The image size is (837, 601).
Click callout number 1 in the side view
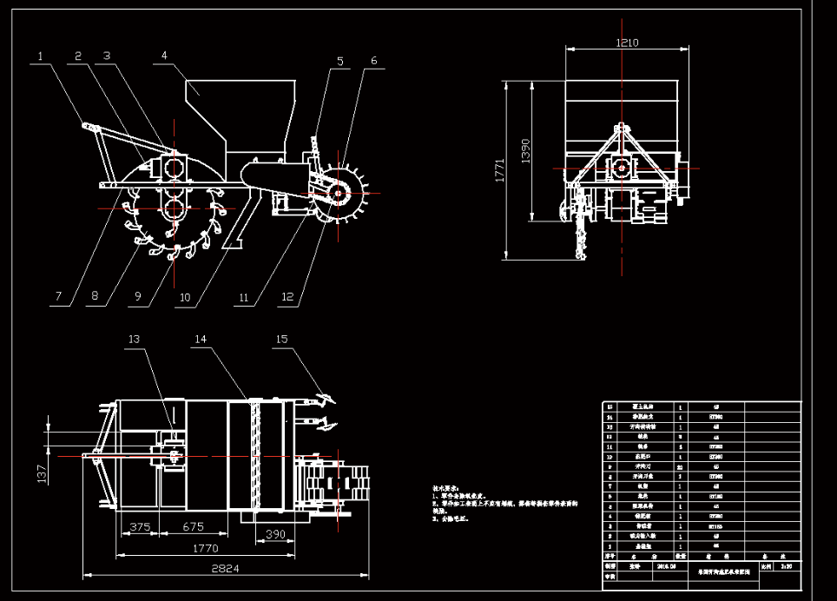(40, 56)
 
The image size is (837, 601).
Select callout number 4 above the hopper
(163, 56)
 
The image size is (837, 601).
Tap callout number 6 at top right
(373, 61)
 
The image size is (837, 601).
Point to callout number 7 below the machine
(58, 296)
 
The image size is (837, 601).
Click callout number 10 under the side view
(185, 296)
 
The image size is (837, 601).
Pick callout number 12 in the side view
(288, 296)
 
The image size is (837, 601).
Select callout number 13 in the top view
(133, 338)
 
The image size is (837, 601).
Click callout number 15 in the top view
(280, 339)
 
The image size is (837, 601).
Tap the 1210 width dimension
(626, 43)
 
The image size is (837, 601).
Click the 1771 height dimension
(500, 170)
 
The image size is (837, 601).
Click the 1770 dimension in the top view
(205, 548)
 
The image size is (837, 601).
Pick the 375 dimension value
(140, 526)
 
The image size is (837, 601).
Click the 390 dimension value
(275, 532)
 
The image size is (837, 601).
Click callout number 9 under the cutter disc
(137, 296)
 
